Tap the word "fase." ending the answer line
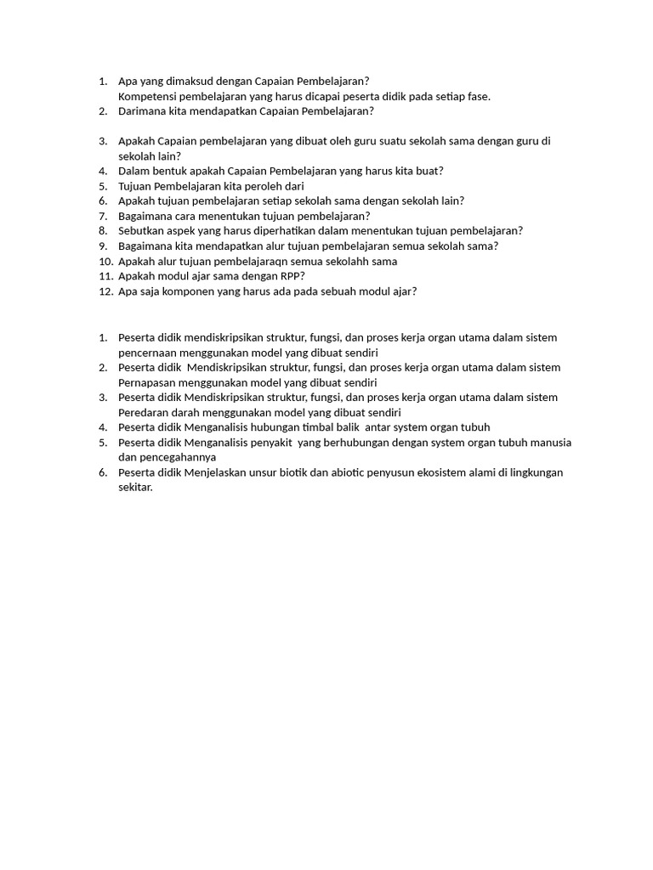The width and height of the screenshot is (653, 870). pyautogui.click(x=480, y=96)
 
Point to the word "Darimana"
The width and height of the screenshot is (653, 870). pyautogui.click(x=142, y=110)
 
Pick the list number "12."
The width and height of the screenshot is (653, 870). pyautogui.click(x=106, y=291)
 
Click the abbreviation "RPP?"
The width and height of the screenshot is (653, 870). pyautogui.click(x=290, y=275)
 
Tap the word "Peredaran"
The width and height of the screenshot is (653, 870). pyautogui.click(x=145, y=412)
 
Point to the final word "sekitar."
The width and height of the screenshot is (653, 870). pyautogui.click(x=136, y=488)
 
